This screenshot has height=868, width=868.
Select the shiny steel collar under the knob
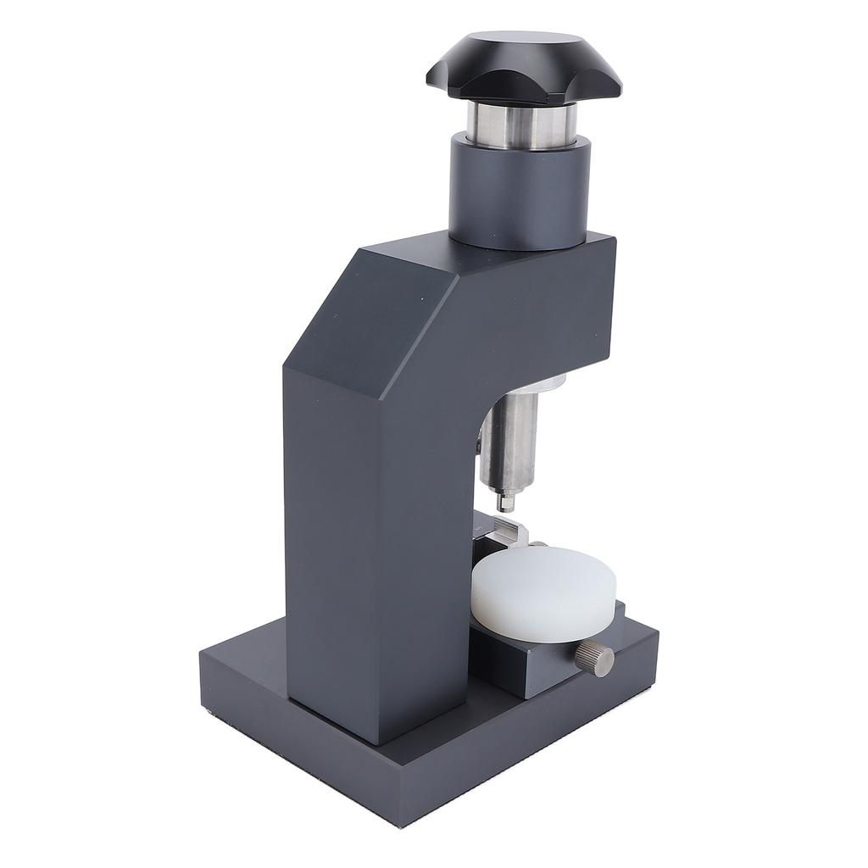520,125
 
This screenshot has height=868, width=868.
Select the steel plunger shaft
509,441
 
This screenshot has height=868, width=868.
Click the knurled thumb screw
597,659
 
